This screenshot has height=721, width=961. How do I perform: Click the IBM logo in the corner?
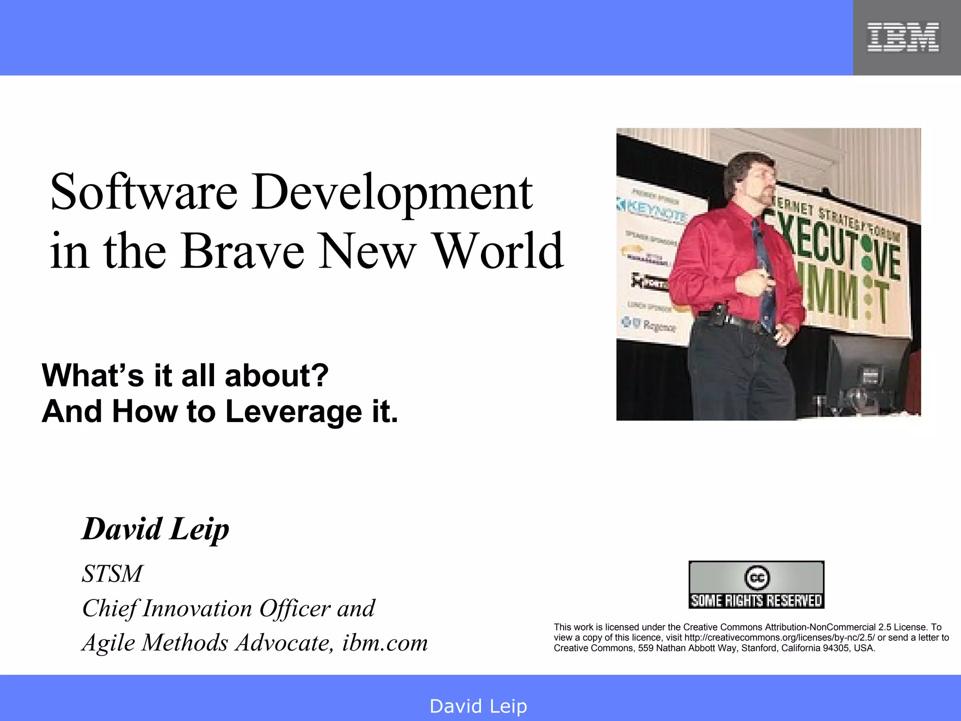[903, 37]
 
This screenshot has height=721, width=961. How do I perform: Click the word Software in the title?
[144, 192]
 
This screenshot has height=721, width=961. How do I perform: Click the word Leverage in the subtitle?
[294, 412]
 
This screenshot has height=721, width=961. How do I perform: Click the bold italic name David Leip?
[155, 529]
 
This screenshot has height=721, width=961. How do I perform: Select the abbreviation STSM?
[112, 574]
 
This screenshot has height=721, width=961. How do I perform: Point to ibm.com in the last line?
[385, 643]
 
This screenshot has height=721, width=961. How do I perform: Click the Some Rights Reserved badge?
[756, 585]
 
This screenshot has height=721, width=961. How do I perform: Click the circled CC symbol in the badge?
[756, 577]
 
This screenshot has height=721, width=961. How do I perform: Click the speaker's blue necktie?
[764, 277]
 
